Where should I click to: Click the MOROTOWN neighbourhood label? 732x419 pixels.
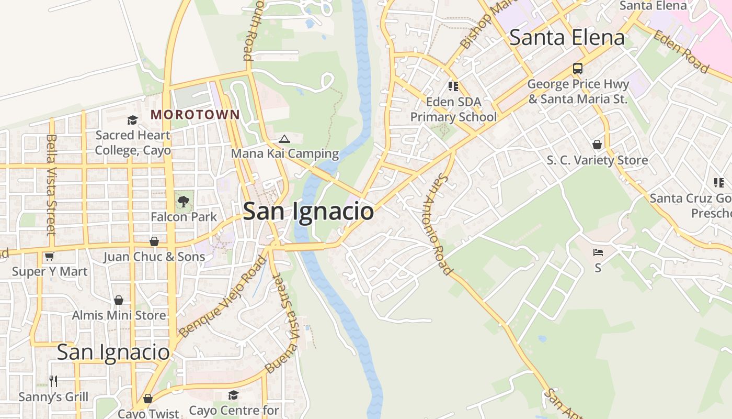click(196, 114)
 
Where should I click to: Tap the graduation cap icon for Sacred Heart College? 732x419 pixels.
click(132, 120)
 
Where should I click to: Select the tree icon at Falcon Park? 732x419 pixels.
click(184, 202)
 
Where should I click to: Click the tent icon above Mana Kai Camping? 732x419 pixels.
click(284, 139)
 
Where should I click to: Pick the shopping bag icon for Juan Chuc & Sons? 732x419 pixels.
click(154, 241)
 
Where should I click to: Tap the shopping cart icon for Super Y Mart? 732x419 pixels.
click(49, 256)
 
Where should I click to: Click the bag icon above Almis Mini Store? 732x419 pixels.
click(119, 300)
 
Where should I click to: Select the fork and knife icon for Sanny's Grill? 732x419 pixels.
click(53, 381)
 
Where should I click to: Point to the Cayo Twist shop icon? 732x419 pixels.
click(148, 399)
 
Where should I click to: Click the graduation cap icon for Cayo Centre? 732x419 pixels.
click(234, 395)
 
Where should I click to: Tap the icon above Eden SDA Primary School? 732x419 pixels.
click(453, 86)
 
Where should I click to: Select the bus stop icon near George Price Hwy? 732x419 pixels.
click(577, 69)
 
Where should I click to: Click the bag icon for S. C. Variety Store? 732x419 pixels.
click(597, 145)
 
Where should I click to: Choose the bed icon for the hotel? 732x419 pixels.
click(598, 252)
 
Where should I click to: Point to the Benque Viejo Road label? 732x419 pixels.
click(222, 296)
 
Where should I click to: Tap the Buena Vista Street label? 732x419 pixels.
click(282, 322)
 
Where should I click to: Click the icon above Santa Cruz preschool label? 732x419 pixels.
click(719, 182)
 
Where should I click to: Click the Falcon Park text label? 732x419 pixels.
click(184, 216)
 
